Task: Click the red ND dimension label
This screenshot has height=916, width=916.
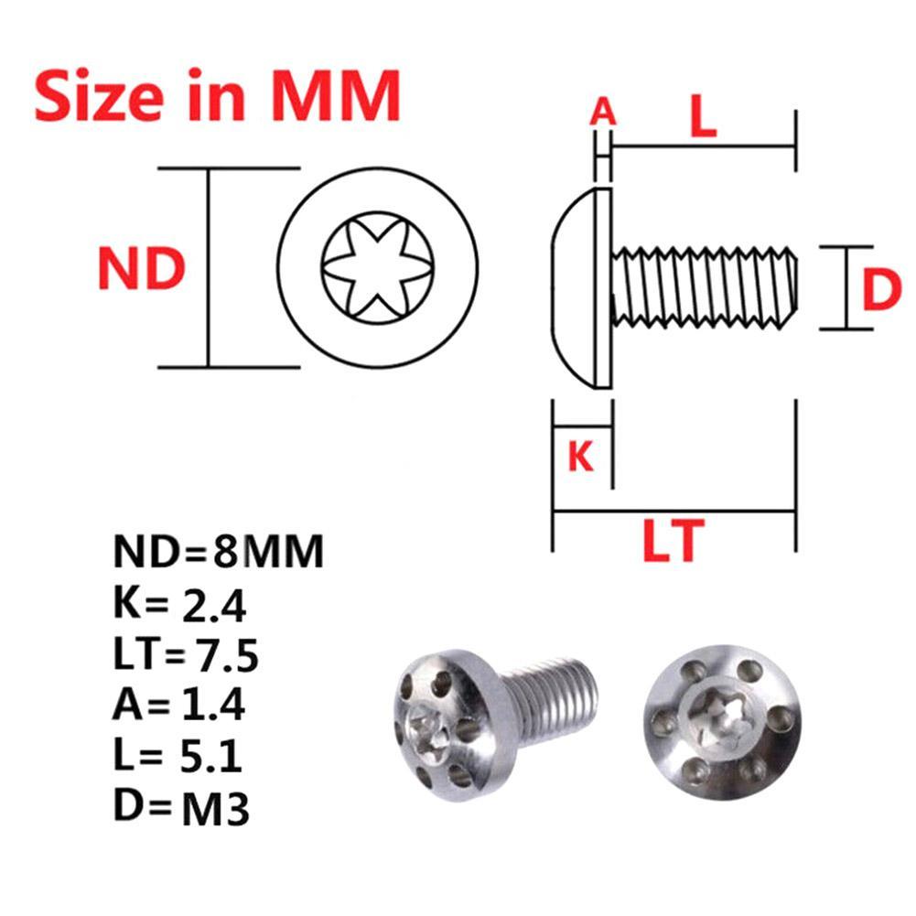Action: [x=142, y=269]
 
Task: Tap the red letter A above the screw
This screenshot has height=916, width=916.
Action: [x=602, y=113]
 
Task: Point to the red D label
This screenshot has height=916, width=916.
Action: [x=882, y=292]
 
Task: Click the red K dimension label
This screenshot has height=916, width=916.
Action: [x=581, y=455]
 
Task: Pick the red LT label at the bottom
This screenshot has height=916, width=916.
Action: [x=675, y=540]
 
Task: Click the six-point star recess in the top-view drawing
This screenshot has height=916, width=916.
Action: [x=376, y=268]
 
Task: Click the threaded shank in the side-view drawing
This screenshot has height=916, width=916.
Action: [x=703, y=286]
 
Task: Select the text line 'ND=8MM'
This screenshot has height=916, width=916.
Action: [x=219, y=553]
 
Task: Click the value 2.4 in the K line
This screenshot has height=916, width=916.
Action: [x=215, y=605]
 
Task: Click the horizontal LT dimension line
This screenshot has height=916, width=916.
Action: [x=675, y=512]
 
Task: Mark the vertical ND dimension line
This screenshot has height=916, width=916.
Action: [x=210, y=268]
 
